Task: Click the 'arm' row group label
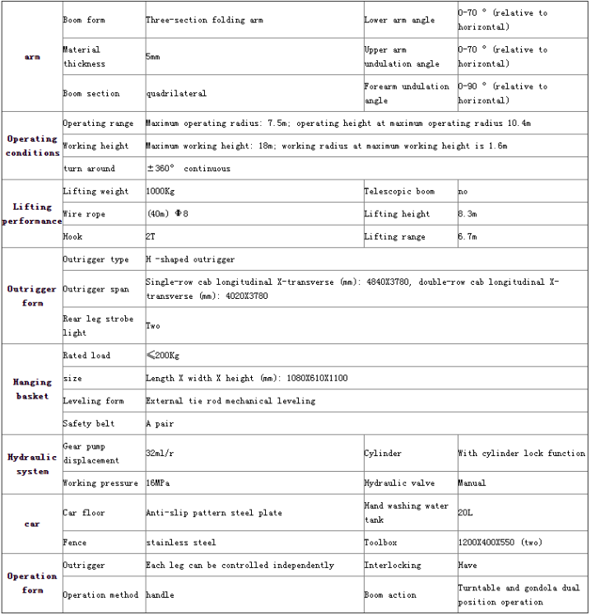pos(32,57)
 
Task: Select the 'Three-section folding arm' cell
pos(204,20)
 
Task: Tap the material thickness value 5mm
pos(153,57)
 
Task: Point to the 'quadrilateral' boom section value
pos(176,94)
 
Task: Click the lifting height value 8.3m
pos(468,214)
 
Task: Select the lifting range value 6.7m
pos(468,237)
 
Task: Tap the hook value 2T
pos(151,237)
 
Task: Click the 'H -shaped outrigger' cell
pos(190,259)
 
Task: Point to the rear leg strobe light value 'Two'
pos(153,326)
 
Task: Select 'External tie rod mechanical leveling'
pos(230,401)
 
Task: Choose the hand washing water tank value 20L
pos(466,513)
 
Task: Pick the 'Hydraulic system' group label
pos(32,464)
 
